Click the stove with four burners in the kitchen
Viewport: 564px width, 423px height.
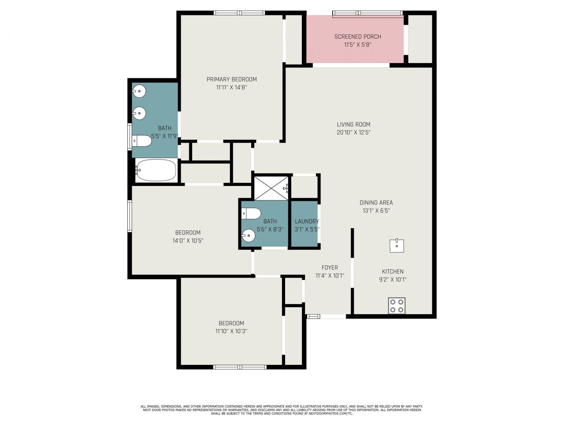pyautogui.click(x=397, y=305)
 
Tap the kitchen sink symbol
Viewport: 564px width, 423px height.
pyautogui.click(x=397, y=245)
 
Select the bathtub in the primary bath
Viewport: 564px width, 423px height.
pyautogui.click(x=156, y=170)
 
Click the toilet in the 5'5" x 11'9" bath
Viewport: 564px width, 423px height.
pyautogui.click(x=142, y=141)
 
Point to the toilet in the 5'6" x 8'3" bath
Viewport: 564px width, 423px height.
pyautogui.click(x=251, y=213)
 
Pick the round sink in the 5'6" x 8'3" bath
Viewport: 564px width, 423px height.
pyautogui.click(x=249, y=236)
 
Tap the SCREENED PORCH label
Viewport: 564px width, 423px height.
pyautogui.click(x=357, y=37)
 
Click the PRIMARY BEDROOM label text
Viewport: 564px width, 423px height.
pyautogui.click(x=231, y=79)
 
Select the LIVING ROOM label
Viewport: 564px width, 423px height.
pyautogui.click(x=353, y=124)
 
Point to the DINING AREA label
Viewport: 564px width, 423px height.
pyautogui.click(x=376, y=203)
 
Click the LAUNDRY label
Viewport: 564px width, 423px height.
pyautogui.click(x=307, y=221)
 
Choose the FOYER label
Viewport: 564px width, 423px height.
pyautogui.click(x=330, y=267)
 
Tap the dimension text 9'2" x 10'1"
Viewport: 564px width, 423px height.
pyautogui.click(x=392, y=279)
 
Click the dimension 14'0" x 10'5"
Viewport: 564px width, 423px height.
pyautogui.click(x=188, y=241)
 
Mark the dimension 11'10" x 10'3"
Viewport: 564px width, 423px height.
pyautogui.click(x=231, y=331)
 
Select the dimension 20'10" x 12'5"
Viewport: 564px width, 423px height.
pyautogui.click(x=353, y=132)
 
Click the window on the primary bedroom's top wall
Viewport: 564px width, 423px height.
pyautogui.click(x=239, y=13)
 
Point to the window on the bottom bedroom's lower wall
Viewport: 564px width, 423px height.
pyautogui.click(x=240, y=367)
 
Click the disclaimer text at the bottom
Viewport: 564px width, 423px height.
pyautogui.click(x=282, y=410)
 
